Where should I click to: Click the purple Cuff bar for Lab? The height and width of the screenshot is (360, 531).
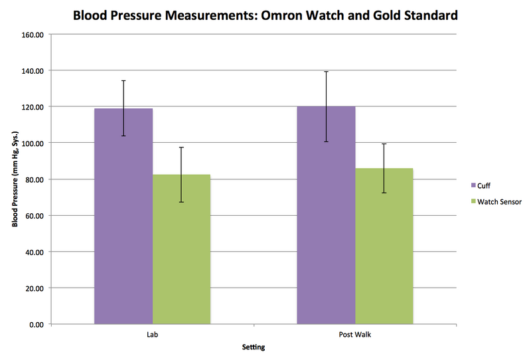pos(123,219)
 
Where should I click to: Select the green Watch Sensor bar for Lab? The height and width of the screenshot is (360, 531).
pos(181,252)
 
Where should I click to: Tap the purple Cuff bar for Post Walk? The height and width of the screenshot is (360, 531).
pos(326,219)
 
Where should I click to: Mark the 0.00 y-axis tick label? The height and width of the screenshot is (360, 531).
pos(34,325)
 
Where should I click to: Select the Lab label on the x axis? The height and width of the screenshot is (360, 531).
pos(152,335)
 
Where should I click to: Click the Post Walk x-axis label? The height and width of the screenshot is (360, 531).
pos(355,335)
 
